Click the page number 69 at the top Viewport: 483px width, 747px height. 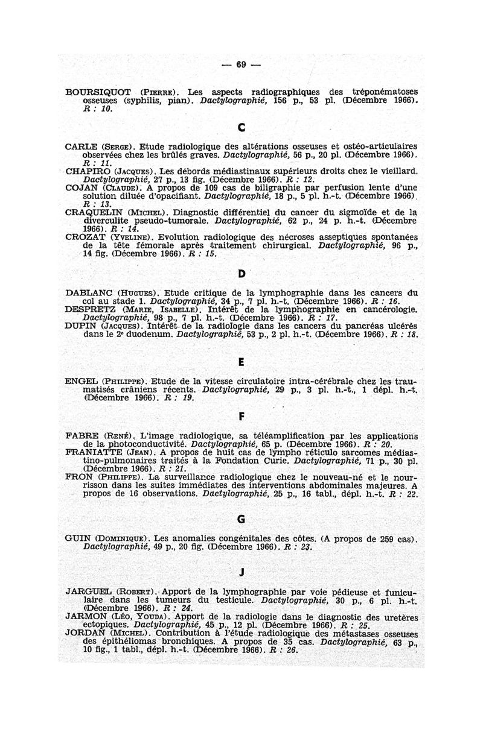(241, 65)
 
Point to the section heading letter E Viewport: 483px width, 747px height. (241, 364)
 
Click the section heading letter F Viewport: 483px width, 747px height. (241, 416)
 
